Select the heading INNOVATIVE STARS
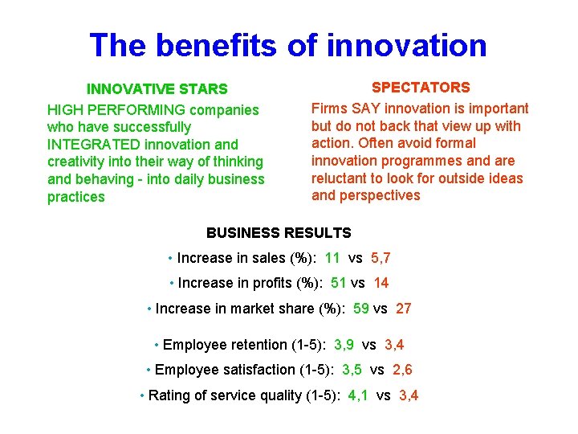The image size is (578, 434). coord(157,88)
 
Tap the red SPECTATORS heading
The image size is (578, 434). coord(421,87)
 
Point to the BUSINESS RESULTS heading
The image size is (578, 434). coord(279,233)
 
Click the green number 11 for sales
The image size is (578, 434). coord(332,258)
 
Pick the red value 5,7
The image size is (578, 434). coord(380,258)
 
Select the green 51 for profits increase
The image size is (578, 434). coord(338,283)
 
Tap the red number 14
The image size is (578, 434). coord(381,283)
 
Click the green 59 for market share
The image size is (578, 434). coord(361,309)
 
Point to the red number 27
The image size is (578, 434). coord(404,309)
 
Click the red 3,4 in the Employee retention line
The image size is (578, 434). coord(394,345)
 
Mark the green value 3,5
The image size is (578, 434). coord(352,370)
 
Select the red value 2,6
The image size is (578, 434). coord(402,370)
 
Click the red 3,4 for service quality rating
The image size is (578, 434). coord(409,395)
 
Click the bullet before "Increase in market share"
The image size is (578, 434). coord(150,309)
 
